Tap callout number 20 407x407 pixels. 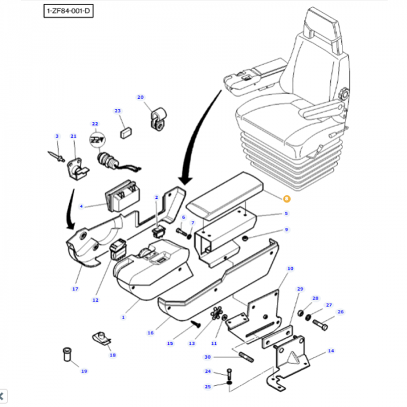coord(140,97)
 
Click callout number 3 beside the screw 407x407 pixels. coord(57,136)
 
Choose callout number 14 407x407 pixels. coord(331,351)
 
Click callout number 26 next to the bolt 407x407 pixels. coord(341,312)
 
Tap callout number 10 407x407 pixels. coord(290,269)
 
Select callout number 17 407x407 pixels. coord(75,288)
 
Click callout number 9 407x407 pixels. coord(286,230)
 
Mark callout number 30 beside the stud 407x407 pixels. coord(208,357)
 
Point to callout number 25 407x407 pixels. coord(208,387)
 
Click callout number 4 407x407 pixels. coord(82,206)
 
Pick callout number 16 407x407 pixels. coord(151,333)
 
